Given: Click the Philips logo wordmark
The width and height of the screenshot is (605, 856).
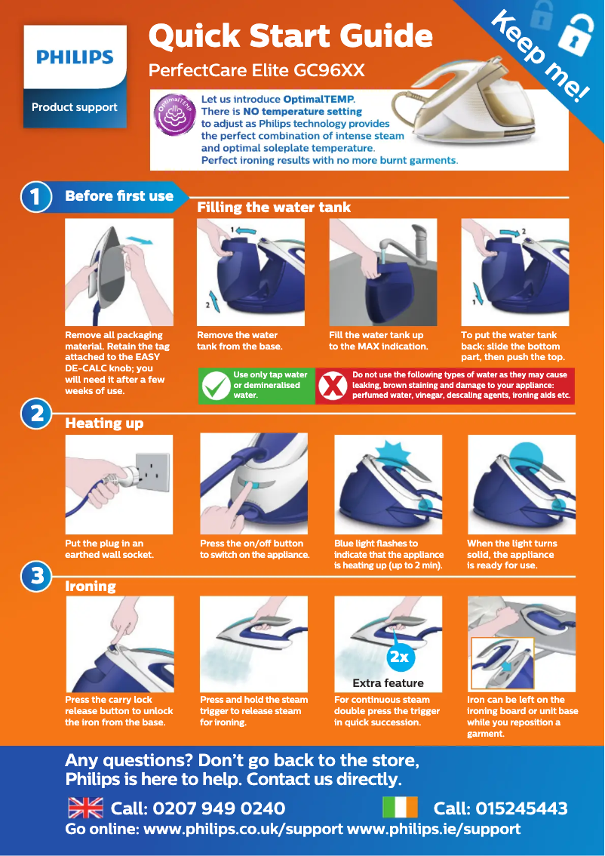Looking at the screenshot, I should point(75,57).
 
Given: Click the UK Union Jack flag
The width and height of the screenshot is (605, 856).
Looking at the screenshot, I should point(85,808).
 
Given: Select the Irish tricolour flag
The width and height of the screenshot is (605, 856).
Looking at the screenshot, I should point(400,808).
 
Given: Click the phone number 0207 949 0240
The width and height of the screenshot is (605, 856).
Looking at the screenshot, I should point(198,808).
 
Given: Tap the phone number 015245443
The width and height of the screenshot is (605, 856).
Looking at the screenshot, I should point(500,808).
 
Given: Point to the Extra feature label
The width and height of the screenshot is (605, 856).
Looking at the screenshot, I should point(388,683).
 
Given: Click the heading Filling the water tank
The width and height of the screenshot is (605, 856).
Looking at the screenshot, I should point(274,208).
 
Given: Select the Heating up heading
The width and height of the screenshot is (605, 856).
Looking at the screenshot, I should point(104,423).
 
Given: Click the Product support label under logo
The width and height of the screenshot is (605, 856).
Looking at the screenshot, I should point(75,107).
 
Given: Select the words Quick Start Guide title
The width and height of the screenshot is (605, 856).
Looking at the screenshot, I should point(290,36).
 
